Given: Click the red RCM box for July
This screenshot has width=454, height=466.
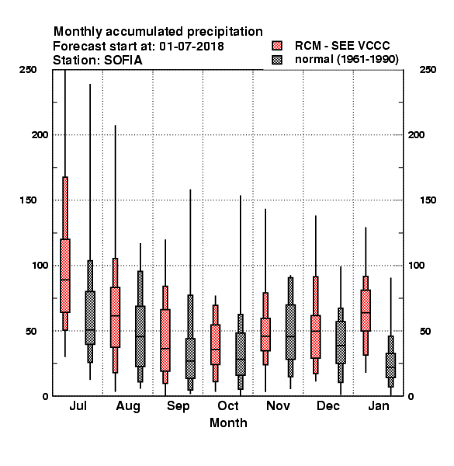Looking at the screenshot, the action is point(65,276).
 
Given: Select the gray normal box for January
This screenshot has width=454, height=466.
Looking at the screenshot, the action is point(391,365).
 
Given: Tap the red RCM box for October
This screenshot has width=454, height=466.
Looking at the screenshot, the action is point(215,344).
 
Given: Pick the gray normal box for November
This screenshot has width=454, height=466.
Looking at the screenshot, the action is point(290,332).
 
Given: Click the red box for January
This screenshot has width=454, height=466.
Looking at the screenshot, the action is point(366,310).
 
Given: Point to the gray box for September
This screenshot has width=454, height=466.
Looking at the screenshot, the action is point(190,358).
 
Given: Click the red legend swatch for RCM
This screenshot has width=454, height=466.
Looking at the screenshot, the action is point(277,46).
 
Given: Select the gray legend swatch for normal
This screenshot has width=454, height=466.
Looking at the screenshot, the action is point(277,60).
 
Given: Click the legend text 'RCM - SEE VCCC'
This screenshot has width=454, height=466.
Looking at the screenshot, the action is point(342,46).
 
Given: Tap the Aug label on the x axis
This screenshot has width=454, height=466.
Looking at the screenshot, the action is point(128,406).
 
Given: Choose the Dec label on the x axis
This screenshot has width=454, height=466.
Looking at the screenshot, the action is point(328,405).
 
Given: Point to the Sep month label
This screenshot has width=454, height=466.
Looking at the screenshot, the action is point(178,406).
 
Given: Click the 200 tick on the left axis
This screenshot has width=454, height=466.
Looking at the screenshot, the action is point(40,135).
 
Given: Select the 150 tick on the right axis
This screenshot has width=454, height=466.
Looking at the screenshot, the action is point(428,200).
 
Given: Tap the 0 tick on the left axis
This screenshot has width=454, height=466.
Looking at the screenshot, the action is point(45,396).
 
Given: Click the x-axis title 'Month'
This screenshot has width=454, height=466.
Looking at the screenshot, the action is point(228,423).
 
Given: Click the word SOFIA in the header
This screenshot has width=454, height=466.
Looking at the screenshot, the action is point(123,61).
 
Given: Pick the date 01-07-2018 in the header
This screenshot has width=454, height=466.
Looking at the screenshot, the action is point(192,47).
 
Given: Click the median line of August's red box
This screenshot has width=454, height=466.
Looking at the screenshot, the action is point(115,315).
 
